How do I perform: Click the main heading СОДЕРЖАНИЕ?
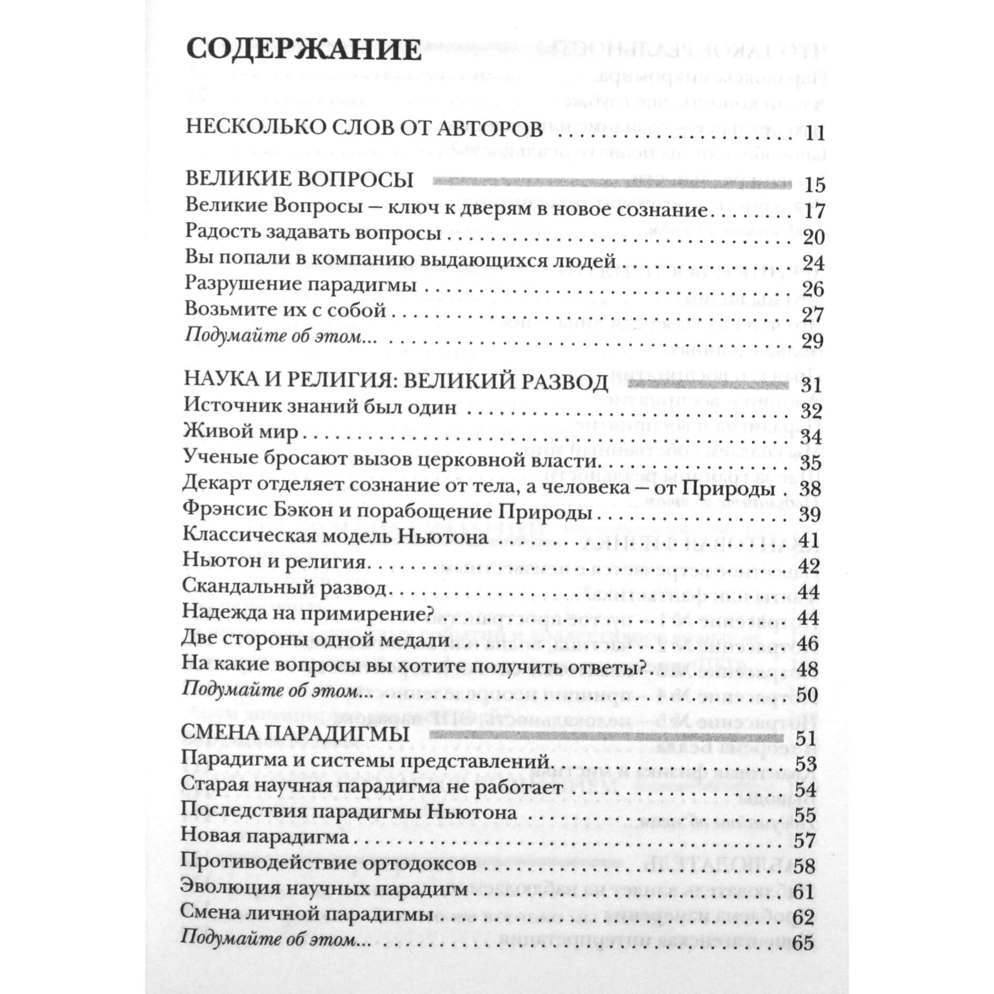pos(303,51)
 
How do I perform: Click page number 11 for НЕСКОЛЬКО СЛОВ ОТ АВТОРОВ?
pos(814,134)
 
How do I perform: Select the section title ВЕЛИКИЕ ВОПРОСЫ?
pos(299,180)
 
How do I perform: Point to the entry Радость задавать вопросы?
pos(313,233)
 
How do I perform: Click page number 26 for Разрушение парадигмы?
pos(813,289)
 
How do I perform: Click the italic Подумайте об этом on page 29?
pos(280,336)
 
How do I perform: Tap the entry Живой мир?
pos(240,432)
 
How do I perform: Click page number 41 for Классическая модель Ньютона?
pos(809,540)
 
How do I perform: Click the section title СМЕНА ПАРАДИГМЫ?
pos(295,734)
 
